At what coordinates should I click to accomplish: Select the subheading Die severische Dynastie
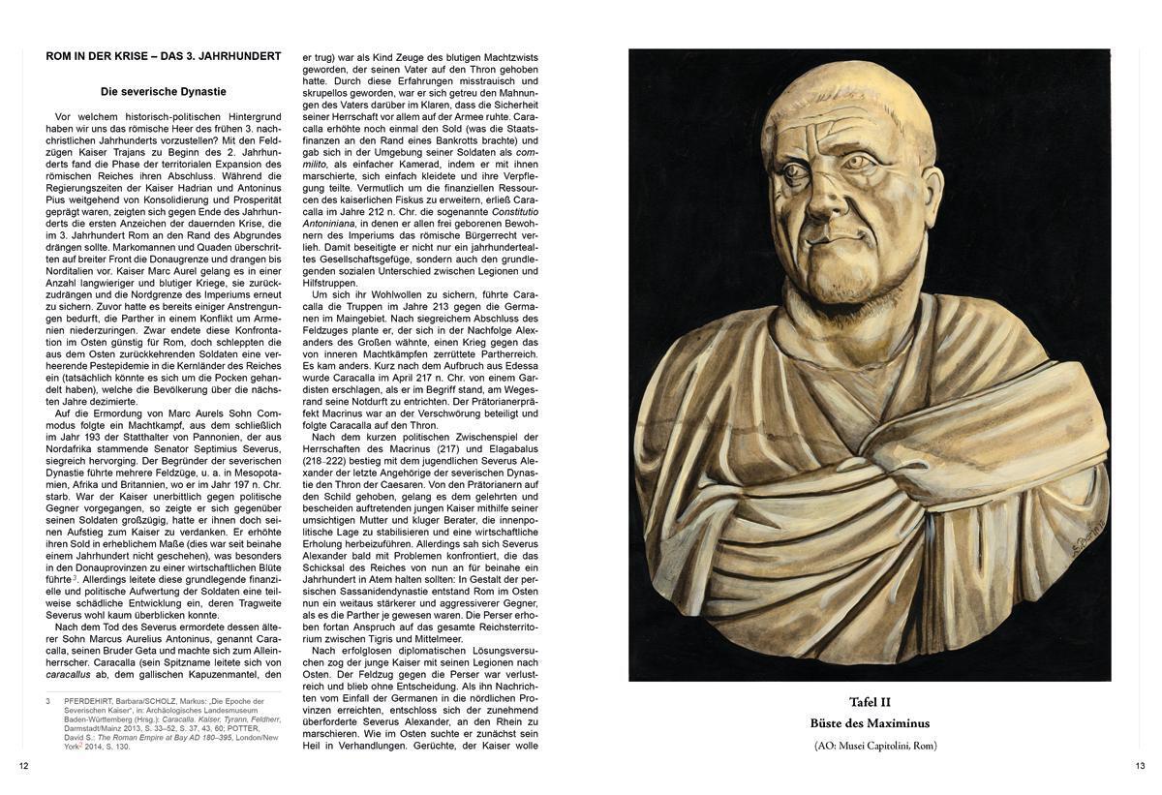click(x=164, y=92)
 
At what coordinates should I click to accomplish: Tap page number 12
click(x=23, y=766)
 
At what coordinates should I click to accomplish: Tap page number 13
click(x=1140, y=766)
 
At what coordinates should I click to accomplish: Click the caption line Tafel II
click(x=870, y=702)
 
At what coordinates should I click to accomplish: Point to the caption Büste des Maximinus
click(x=870, y=723)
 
